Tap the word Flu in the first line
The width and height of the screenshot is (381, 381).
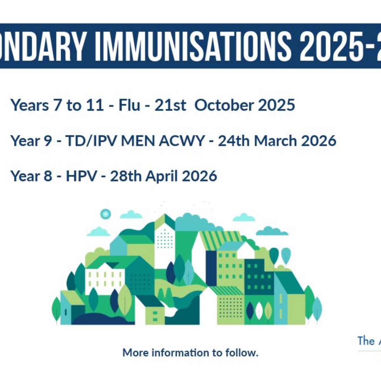tap(129, 105)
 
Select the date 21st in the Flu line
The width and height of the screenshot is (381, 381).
tap(170, 105)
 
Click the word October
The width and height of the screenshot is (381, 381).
tap(224, 105)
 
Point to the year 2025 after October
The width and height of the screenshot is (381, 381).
tap(276, 105)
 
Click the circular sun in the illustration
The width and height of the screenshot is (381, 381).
tap(105, 214)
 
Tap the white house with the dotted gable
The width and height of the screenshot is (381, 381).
tap(165, 237)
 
